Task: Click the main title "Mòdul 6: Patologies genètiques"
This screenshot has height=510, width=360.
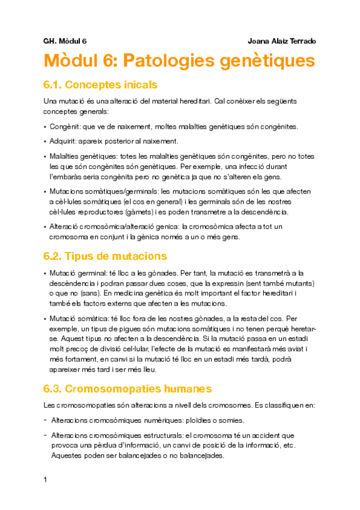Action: (179, 61)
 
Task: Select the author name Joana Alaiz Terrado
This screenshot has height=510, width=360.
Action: (281, 41)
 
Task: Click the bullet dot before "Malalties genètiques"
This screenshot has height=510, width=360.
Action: (46, 156)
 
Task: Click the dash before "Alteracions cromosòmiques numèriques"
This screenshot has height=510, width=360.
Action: (46, 420)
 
